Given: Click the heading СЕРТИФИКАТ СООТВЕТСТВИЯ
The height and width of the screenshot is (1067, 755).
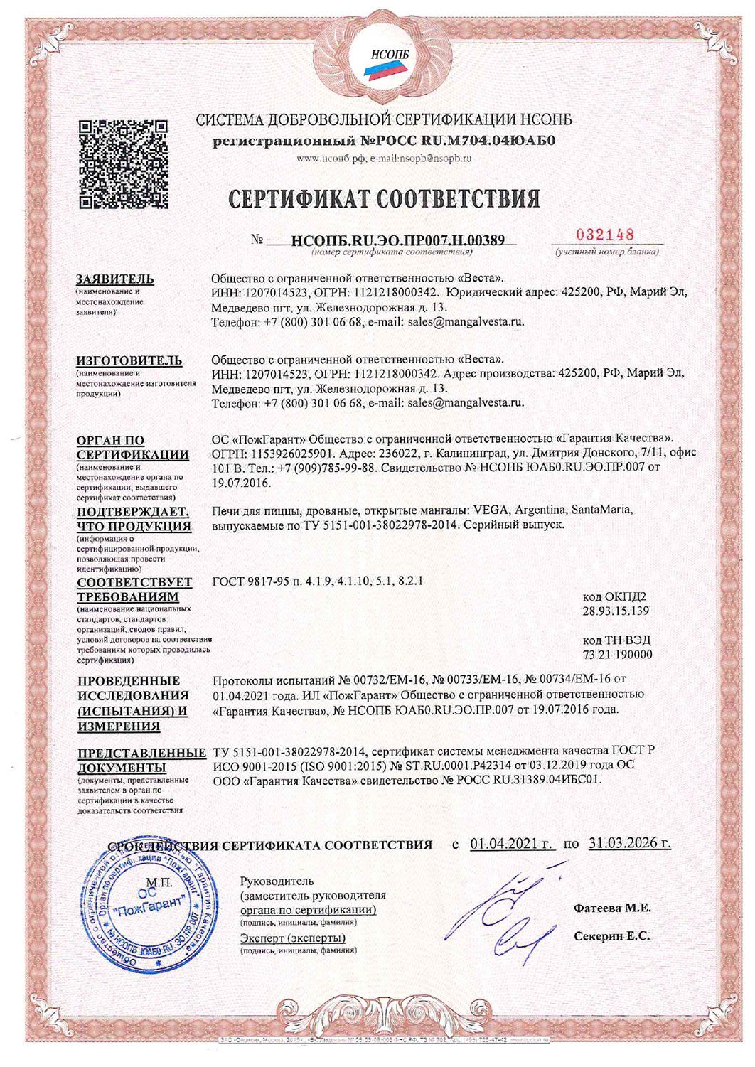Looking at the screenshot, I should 384,198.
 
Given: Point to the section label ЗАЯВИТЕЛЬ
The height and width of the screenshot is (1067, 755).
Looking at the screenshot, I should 115,279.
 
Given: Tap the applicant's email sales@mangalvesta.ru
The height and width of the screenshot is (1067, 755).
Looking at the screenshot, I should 466,322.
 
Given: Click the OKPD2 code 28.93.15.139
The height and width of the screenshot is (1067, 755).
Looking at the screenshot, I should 615,611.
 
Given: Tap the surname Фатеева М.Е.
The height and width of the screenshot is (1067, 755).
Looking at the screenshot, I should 612,908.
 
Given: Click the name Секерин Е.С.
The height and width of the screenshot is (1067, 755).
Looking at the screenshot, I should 611,936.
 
